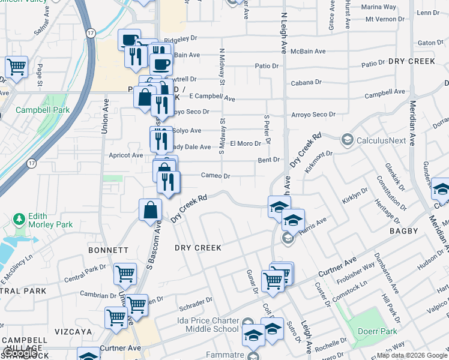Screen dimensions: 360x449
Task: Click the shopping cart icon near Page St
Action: tap(16, 67)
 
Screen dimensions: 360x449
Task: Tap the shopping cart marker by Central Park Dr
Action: tap(125, 274)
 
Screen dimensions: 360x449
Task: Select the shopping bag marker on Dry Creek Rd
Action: tap(150, 210)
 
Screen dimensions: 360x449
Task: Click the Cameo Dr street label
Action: tap(215, 176)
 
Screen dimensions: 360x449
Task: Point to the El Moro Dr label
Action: tap(246, 144)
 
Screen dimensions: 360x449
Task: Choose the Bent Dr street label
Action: tap(269, 160)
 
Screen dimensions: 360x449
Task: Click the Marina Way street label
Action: tap(381, 7)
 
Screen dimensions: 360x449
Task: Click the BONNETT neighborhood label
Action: tap(108, 250)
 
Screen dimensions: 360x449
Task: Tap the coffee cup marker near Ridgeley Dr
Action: tap(129, 40)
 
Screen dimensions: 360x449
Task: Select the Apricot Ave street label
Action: tap(126, 155)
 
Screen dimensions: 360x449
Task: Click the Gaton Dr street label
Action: tap(430, 43)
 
